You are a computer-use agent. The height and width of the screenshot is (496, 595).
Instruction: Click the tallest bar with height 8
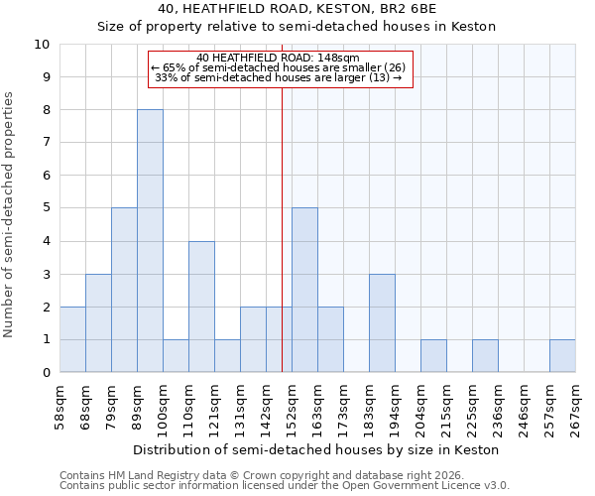pos(150,241)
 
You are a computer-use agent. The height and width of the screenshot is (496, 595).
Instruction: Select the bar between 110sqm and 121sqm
pos(201,307)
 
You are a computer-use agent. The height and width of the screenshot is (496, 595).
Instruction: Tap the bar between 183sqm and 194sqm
pos(382,323)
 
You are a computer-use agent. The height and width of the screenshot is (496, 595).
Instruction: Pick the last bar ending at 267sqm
pos(562,356)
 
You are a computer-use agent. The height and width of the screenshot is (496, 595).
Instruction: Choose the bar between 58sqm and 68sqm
pos(72,339)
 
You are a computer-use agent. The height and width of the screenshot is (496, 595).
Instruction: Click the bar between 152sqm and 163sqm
pos(304,290)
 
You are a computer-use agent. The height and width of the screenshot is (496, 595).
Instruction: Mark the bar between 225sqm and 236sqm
pos(485,356)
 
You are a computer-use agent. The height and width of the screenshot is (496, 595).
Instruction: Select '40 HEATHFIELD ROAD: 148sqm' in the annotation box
pos(279,58)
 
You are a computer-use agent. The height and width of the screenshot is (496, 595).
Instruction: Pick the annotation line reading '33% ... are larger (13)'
pos(279,77)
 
